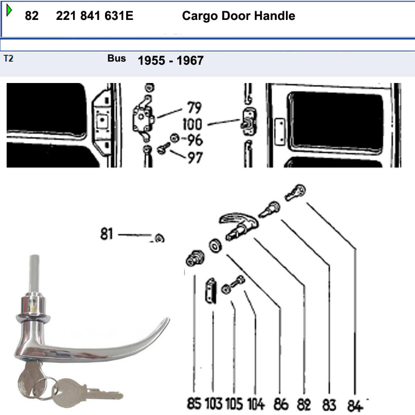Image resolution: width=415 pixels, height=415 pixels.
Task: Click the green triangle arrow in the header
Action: pyautogui.click(x=9, y=10)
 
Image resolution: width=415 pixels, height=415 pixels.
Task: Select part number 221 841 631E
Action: pyautogui.click(x=95, y=16)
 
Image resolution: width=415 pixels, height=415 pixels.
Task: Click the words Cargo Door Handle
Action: pyautogui.click(x=239, y=16)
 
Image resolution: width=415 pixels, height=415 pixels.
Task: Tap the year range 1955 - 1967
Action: pyautogui.click(x=171, y=61)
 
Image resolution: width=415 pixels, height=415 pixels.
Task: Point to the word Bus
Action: pyautogui.click(x=117, y=58)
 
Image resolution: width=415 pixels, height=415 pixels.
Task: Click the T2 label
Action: pyautogui.click(x=8, y=58)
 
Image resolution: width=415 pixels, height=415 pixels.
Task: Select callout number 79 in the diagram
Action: pyautogui.click(x=195, y=107)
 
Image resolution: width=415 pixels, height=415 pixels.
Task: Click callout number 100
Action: pyautogui.click(x=193, y=124)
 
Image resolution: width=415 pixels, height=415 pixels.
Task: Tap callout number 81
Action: pyautogui.click(x=107, y=234)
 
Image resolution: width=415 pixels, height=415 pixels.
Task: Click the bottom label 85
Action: pyautogui.click(x=194, y=404)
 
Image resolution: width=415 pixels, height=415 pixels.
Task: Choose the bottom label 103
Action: pyautogui.click(x=214, y=404)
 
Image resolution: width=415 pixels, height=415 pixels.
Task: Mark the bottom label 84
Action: pyautogui.click(x=355, y=406)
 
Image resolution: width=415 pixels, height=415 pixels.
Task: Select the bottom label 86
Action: pyautogui.click(x=281, y=404)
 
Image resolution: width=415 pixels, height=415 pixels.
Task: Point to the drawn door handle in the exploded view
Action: pyautogui.click(x=239, y=225)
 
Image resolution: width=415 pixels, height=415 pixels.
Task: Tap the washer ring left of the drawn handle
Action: pyautogui.click(x=215, y=246)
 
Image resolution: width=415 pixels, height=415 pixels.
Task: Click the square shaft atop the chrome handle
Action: pyautogui.click(x=34, y=273)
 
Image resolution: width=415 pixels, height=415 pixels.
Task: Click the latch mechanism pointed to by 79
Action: pyautogui.click(x=143, y=119)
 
